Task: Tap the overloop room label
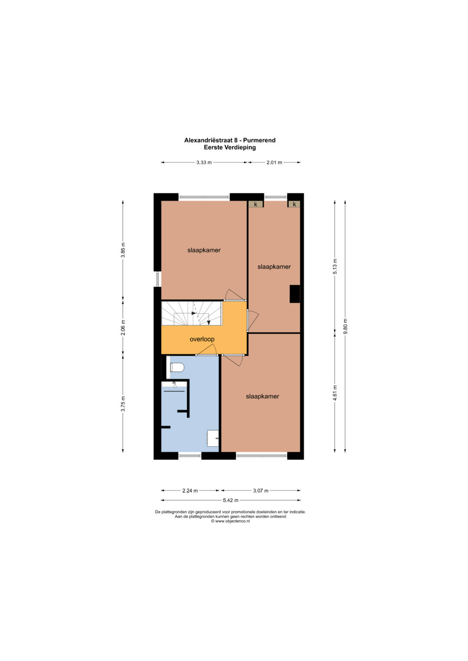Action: point(202,339)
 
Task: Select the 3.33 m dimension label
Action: point(204,162)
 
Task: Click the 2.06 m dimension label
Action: point(123,328)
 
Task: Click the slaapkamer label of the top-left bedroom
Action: point(204,250)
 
